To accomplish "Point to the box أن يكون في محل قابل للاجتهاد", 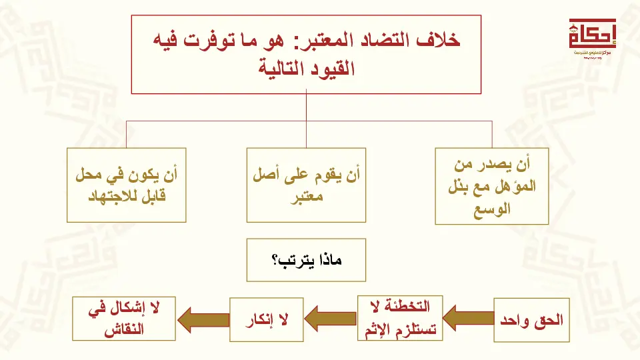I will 127,185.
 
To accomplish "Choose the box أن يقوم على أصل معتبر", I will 306,185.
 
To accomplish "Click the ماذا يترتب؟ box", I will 306,260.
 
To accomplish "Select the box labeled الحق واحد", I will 531,321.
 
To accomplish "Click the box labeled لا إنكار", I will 267,320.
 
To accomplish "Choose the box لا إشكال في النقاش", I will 124,319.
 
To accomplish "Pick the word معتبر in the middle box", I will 307,197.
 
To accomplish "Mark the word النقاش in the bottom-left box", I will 124,330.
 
